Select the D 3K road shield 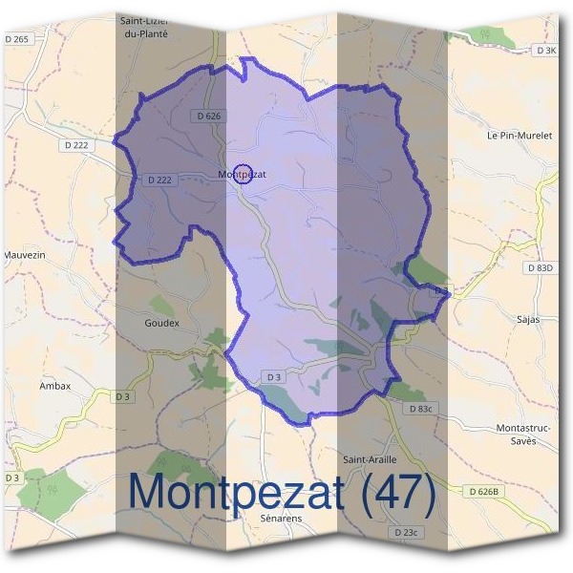pyautogui.click(x=545, y=50)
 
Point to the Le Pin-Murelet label pyautogui.click(x=520, y=136)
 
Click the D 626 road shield pyautogui.click(x=208, y=116)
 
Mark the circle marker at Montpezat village pyautogui.click(x=243, y=174)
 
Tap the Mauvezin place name pyautogui.click(x=25, y=256)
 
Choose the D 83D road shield pyautogui.click(x=540, y=268)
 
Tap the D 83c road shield pyautogui.click(x=420, y=408)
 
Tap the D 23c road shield pyautogui.click(x=405, y=531)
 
